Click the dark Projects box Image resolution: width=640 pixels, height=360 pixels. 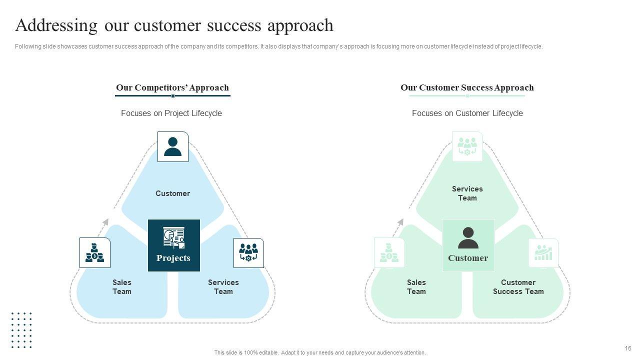point(173,245)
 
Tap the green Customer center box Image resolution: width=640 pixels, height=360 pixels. point(468,245)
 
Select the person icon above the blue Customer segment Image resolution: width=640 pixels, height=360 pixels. point(173,146)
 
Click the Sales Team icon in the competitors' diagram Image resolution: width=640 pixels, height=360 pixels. point(95,252)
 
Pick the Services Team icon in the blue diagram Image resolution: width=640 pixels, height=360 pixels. point(248,252)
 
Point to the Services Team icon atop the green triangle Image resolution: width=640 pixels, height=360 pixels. point(467,146)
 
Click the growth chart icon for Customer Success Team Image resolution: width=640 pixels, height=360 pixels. point(543,252)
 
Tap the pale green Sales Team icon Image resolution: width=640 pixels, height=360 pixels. point(389,252)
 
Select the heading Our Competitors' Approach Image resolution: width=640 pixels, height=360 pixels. point(172,87)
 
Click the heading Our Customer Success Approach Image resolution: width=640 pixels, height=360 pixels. point(467,87)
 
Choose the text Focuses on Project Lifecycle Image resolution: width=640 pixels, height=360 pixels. point(171,113)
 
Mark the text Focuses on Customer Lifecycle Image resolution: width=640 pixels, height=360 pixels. point(467,113)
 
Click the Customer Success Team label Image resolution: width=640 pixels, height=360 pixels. point(518,287)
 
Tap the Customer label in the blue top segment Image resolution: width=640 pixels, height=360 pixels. point(172,193)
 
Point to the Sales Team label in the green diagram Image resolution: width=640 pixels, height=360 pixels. point(416,287)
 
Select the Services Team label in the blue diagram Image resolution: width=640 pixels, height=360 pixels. point(223,287)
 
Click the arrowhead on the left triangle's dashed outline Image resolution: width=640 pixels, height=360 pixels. point(105,222)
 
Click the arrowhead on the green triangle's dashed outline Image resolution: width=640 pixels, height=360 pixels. point(400,222)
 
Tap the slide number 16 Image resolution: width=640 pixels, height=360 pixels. point(628,348)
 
